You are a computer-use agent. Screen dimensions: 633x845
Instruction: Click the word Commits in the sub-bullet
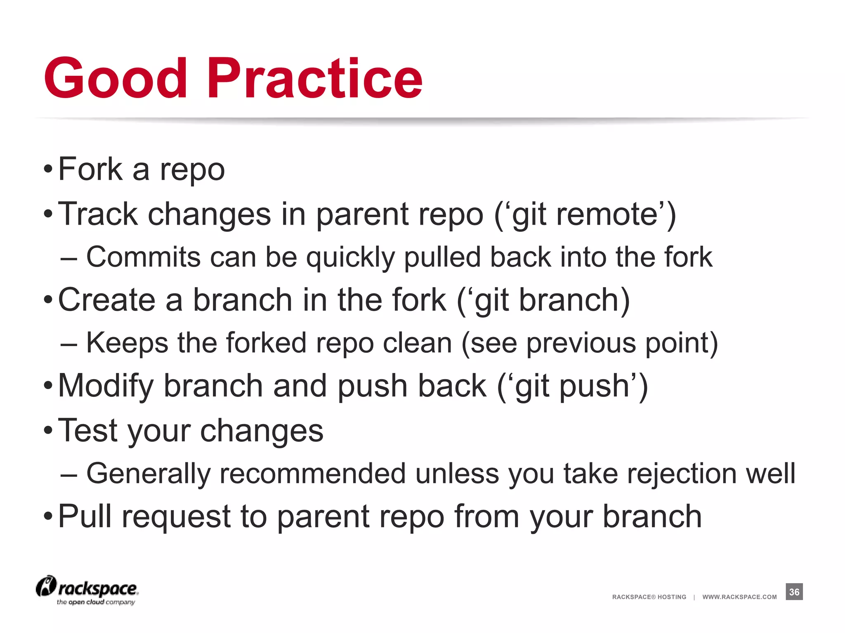pyautogui.click(x=143, y=257)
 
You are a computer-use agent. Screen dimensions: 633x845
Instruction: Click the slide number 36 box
pyautogui.click(x=794, y=592)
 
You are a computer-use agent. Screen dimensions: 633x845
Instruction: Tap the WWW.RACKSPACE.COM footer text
pyautogui.click(x=739, y=597)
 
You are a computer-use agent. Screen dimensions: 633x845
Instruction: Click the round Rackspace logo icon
pyautogui.click(x=46, y=586)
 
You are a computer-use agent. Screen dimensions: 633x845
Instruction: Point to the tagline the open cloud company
pyautogui.click(x=96, y=602)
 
